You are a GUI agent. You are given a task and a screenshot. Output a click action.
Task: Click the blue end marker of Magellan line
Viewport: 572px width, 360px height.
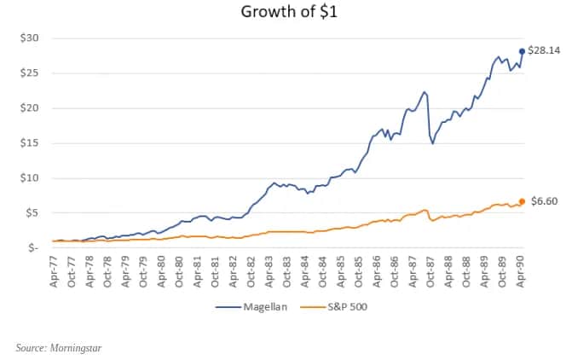click(x=522, y=51)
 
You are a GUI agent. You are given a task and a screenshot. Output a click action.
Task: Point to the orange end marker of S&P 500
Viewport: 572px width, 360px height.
click(x=522, y=201)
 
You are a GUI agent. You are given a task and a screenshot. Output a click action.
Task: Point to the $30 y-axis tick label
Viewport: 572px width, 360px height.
click(x=28, y=38)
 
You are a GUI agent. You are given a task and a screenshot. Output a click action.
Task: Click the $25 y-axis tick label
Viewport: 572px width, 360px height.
click(x=28, y=73)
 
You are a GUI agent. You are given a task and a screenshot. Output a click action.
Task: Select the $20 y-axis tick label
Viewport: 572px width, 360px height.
click(x=28, y=107)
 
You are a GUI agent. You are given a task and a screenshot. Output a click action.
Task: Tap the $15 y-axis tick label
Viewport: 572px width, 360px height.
click(x=28, y=142)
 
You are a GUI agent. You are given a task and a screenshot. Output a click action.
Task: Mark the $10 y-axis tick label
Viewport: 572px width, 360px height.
click(x=28, y=177)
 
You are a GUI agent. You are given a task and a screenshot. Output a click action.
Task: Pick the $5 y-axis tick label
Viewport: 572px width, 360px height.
click(x=31, y=212)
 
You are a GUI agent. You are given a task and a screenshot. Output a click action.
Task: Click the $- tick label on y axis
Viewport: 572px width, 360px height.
click(x=32, y=247)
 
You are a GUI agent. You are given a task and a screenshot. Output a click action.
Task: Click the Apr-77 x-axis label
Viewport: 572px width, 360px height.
click(x=54, y=271)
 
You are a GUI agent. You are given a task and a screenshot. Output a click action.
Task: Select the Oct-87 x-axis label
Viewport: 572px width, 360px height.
click(x=431, y=271)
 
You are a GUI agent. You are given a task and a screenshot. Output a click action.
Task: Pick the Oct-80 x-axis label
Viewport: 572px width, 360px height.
click(x=179, y=271)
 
